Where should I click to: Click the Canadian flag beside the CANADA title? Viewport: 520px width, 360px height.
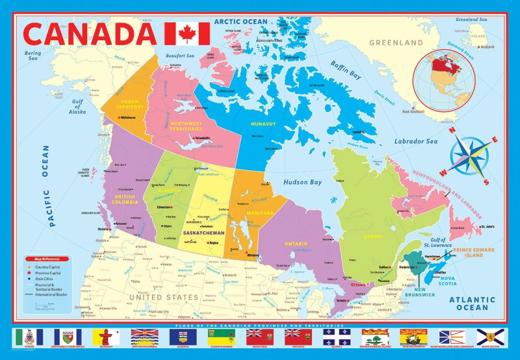(x=187, y=33)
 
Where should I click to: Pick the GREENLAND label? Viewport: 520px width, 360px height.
(x=396, y=42)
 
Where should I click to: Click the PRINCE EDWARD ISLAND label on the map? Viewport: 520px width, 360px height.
(x=474, y=253)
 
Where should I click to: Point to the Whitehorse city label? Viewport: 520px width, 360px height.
(x=129, y=118)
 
